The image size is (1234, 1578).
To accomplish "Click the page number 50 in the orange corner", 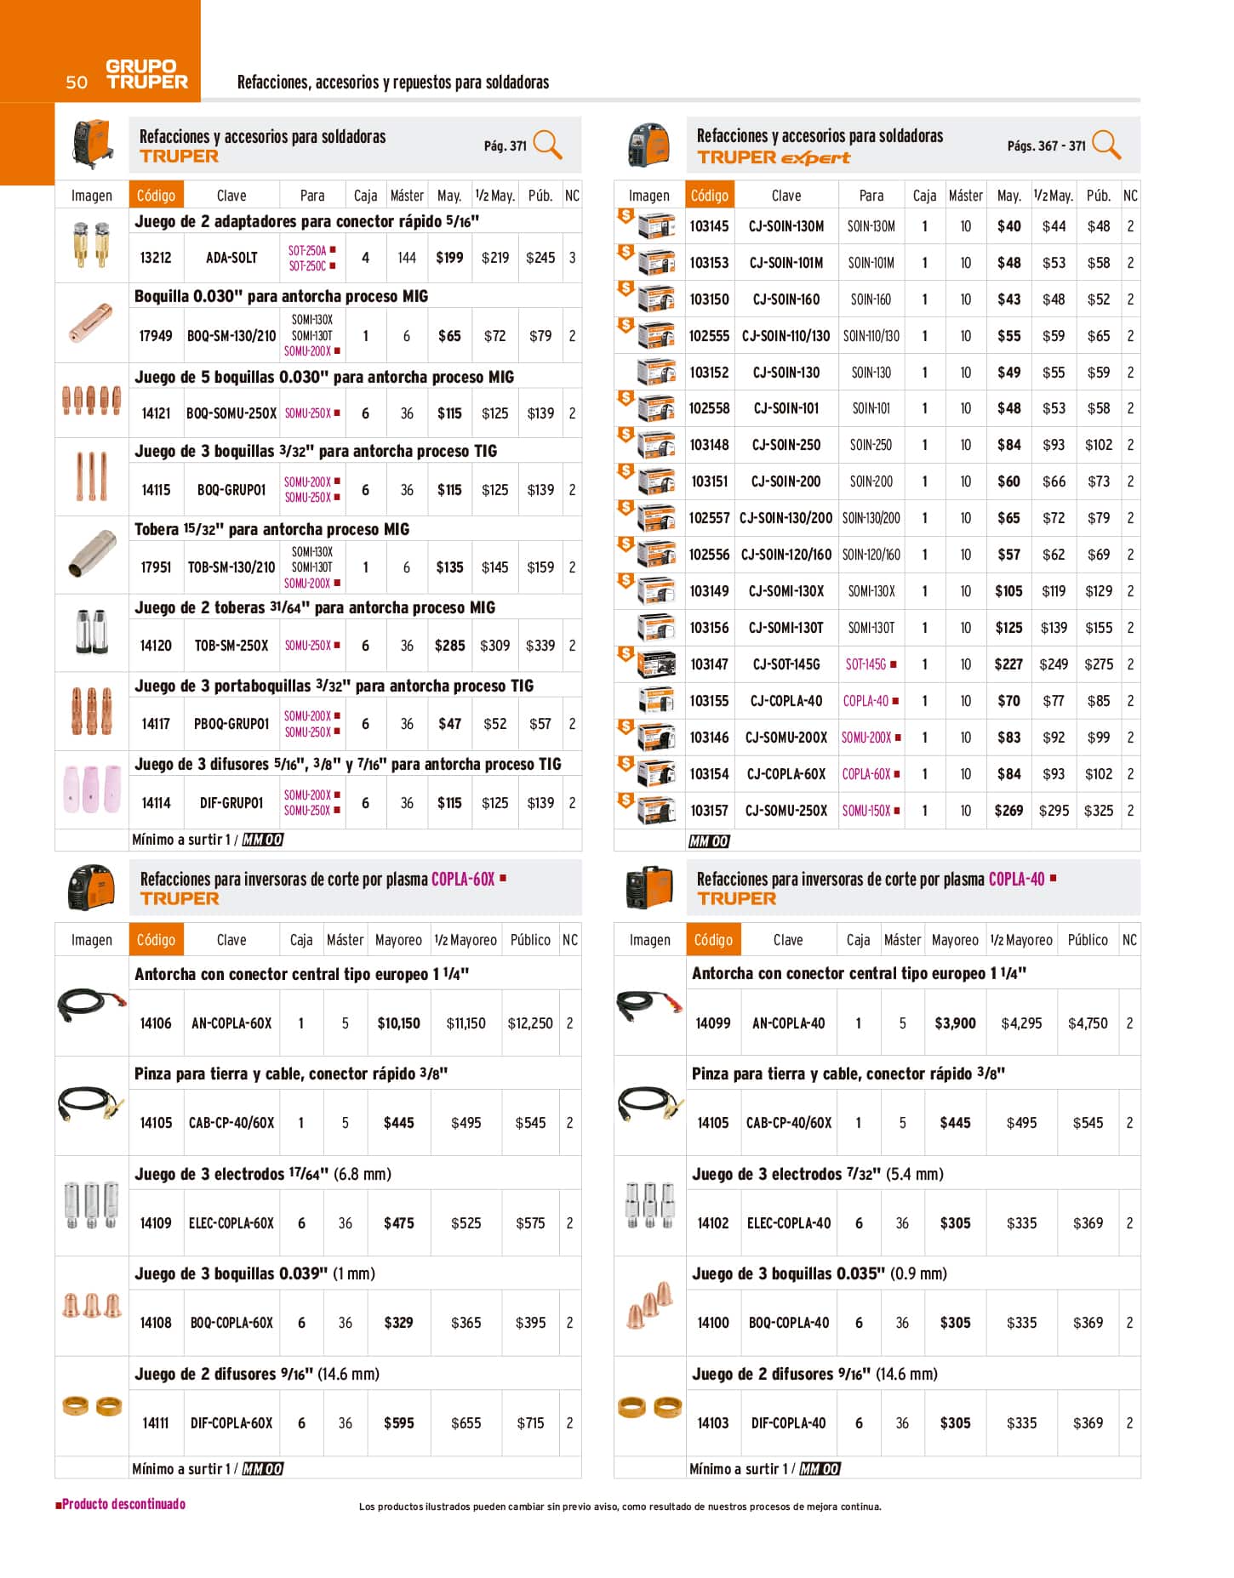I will (x=77, y=82).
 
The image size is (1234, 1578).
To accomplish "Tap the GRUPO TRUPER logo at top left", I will (x=146, y=74).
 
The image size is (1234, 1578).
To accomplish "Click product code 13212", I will (x=156, y=257).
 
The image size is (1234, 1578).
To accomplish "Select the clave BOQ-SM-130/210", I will (x=231, y=336).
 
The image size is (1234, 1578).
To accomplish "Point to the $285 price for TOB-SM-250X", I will (x=449, y=646).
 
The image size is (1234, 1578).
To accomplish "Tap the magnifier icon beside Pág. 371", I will (x=547, y=145).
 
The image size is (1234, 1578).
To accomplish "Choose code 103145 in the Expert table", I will (x=709, y=226).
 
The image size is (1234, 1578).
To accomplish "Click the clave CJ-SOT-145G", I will (x=786, y=664).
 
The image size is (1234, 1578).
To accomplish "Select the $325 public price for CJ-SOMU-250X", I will (x=1098, y=811).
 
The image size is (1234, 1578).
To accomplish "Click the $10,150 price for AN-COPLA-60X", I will (x=398, y=1023).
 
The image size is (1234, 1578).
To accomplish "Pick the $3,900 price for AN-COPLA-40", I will (x=955, y=1023).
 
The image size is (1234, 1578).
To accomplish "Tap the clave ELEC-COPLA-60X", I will (x=231, y=1223).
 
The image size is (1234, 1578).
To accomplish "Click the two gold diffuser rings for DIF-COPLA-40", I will (x=649, y=1407).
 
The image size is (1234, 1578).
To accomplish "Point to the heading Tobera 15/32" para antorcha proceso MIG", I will (x=271, y=529).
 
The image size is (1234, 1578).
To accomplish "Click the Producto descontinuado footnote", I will (x=121, y=1504).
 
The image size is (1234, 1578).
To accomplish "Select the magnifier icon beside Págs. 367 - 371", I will (x=1105, y=145).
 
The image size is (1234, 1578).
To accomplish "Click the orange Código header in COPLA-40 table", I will (x=713, y=940).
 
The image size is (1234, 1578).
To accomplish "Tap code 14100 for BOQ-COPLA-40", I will (x=713, y=1323).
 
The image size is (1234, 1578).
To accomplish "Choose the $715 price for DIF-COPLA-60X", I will (x=530, y=1423).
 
